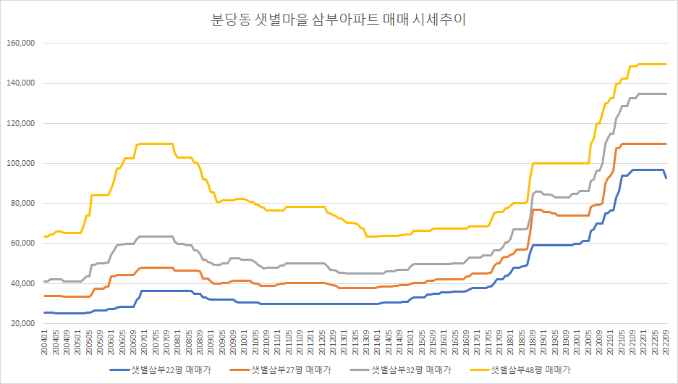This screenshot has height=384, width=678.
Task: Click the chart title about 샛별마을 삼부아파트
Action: tap(338, 20)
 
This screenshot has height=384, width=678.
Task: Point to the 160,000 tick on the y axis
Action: tap(21, 43)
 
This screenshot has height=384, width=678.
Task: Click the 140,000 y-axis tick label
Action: tap(21, 83)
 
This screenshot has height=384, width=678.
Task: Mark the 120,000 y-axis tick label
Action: tap(21, 123)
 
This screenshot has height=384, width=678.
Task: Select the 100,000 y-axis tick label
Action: tap(21, 163)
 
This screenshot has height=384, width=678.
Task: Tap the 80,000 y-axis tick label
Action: tap(23, 203)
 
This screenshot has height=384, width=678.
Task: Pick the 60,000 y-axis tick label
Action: tap(23, 243)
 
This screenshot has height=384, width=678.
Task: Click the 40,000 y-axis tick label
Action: tap(23, 283)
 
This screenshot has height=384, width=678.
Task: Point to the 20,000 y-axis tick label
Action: tap(23, 323)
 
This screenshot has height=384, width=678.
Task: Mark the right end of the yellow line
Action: tap(666, 64)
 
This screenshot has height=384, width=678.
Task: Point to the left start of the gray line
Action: tap(45, 281)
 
